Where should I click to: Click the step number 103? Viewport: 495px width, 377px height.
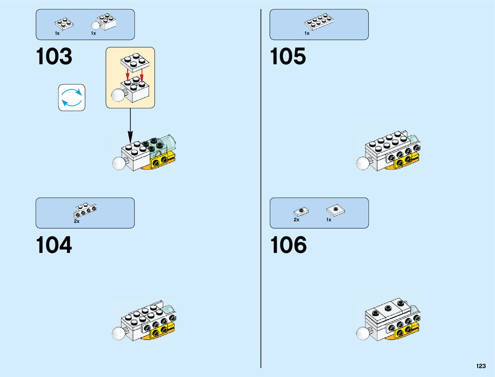[54, 56]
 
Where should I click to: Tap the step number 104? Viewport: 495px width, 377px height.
[54, 245]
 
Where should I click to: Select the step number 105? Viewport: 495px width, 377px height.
[288, 56]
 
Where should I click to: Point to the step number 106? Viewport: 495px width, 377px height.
[288, 245]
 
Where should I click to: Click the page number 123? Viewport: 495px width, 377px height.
[481, 366]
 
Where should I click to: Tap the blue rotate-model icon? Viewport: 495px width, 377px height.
[72, 97]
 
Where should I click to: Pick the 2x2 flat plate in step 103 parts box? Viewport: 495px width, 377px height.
[64, 23]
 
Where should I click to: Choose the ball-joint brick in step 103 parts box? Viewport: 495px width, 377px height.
[104, 22]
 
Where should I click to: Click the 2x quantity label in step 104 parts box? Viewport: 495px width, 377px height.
[77, 221]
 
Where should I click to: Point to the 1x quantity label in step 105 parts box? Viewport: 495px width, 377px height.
[307, 33]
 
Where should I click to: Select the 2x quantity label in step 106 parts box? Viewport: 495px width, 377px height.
[296, 220]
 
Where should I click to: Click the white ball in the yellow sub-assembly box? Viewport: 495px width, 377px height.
[118, 95]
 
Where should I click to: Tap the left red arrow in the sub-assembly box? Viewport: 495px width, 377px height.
[127, 75]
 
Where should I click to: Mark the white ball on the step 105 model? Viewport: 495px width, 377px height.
[362, 163]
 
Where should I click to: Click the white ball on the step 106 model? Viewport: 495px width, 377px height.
[362, 333]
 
